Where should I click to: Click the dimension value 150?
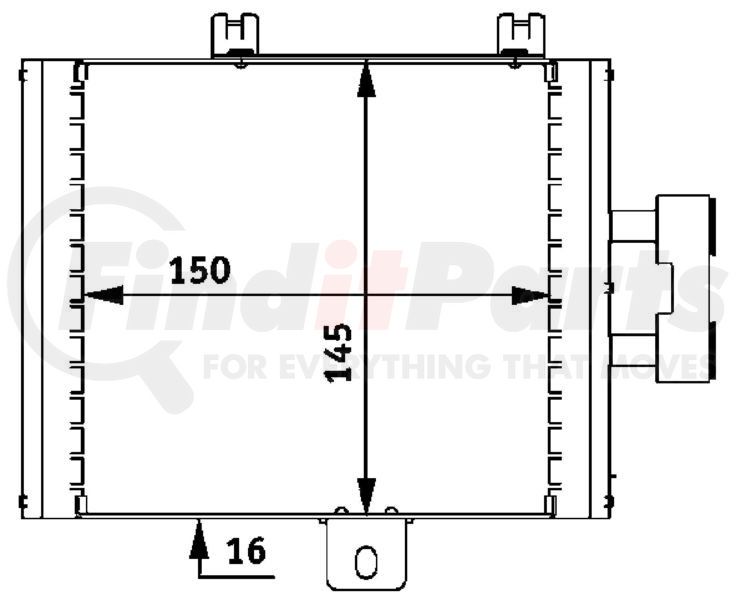200,270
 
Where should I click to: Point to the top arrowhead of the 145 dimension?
366,79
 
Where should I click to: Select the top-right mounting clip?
521,34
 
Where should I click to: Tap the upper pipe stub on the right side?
631,226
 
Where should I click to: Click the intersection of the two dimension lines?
366,295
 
